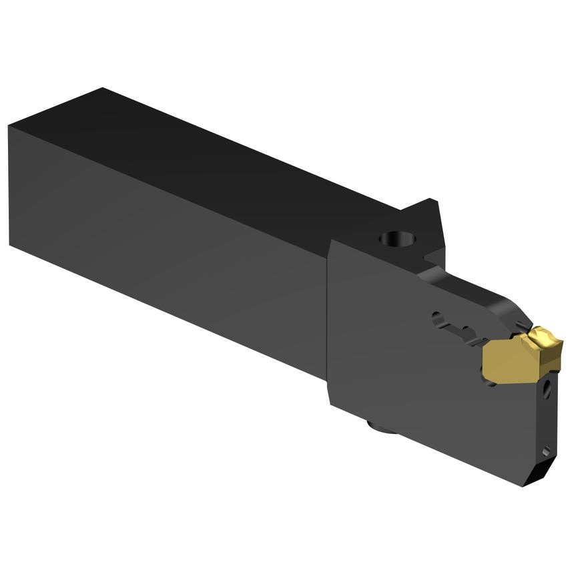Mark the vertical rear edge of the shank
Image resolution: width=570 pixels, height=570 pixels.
point(9,187)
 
